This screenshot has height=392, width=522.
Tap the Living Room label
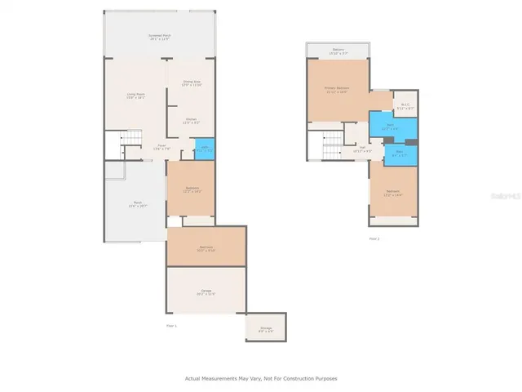click(x=135, y=96)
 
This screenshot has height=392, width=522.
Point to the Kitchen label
click(x=191, y=121)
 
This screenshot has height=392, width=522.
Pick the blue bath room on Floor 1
click(x=205, y=149)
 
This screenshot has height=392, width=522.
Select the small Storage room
click(x=266, y=328)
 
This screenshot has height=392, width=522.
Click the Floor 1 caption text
click(x=171, y=324)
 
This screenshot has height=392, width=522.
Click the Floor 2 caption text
click(x=374, y=238)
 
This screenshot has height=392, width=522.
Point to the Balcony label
click(x=337, y=51)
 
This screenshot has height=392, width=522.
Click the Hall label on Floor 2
click(x=361, y=149)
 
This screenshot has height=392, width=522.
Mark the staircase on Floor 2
click(x=331, y=147)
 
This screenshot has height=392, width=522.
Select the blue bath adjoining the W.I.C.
click(x=391, y=127)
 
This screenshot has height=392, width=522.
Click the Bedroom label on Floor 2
click(x=393, y=194)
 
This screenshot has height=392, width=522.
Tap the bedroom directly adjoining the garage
click(x=206, y=247)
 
